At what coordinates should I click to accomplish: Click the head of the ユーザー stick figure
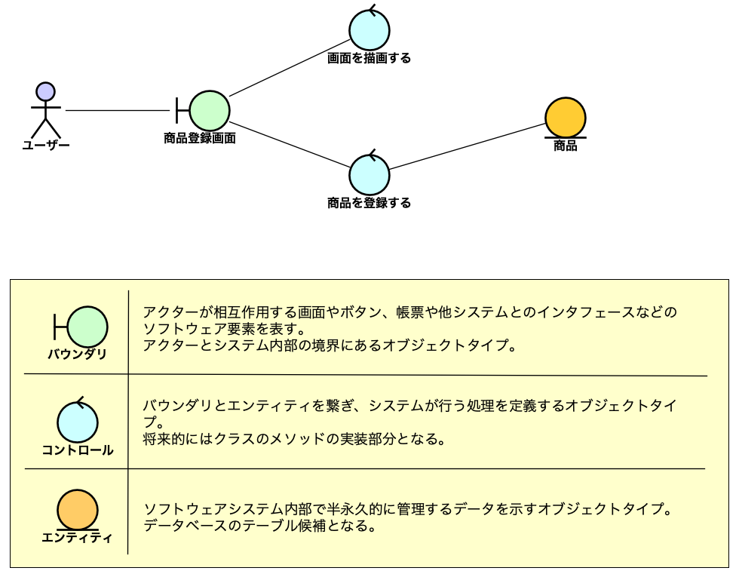[46, 92]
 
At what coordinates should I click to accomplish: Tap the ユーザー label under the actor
[46, 145]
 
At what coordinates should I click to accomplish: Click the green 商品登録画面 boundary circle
[209, 110]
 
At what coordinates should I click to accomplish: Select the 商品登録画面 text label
[200, 138]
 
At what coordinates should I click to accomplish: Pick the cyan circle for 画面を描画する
[369, 30]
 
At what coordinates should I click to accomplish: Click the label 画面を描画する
[369, 58]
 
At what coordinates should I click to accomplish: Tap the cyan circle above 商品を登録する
[369, 174]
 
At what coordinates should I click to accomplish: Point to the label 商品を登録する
[369, 203]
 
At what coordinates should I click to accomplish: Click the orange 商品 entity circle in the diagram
[566, 117]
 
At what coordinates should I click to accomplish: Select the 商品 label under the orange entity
[566, 146]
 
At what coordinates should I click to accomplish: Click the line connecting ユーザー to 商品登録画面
[117, 111]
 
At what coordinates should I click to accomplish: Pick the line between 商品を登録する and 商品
[468, 147]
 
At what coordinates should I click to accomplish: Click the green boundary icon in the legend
[87, 327]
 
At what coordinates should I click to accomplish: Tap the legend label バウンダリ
[78, 354]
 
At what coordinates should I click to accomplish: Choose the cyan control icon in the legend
[78, 422]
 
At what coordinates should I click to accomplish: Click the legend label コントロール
[78, 450]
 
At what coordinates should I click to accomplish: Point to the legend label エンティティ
[78, 538]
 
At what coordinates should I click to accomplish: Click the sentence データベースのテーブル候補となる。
[260, 526]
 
